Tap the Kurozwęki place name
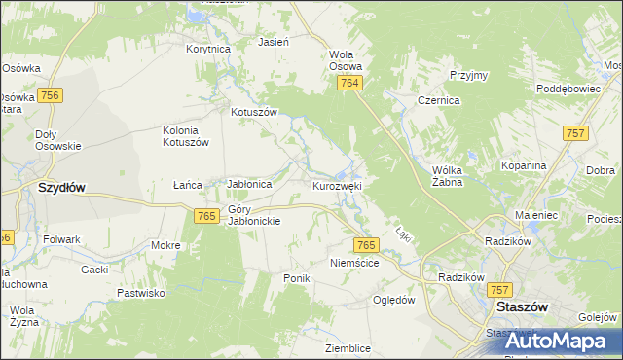(x=338, y=185)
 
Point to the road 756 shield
(x=52, y=94)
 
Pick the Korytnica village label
(x=208, y=48)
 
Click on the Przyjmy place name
(x=468, y=75)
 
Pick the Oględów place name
(x=394, y=300)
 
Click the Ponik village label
(x=296, y=278)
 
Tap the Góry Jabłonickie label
(x=254, y=215)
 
